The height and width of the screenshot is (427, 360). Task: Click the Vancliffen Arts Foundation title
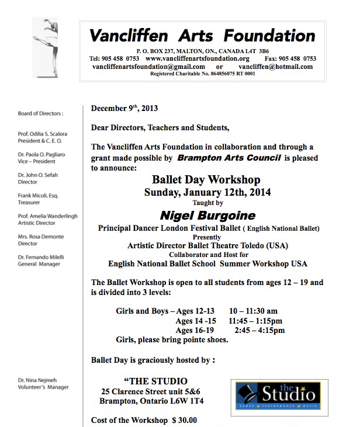click(202, 36)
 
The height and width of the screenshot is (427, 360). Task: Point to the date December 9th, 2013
click(124, 109)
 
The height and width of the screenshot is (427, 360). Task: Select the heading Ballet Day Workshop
click(206, 180)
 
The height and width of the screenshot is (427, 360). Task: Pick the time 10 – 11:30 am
click(254, 311)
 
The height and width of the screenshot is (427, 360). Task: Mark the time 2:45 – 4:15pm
click(259, 330)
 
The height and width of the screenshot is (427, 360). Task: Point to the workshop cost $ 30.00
click(184, 419)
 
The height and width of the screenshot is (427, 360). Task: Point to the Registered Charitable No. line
click(202, 74)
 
